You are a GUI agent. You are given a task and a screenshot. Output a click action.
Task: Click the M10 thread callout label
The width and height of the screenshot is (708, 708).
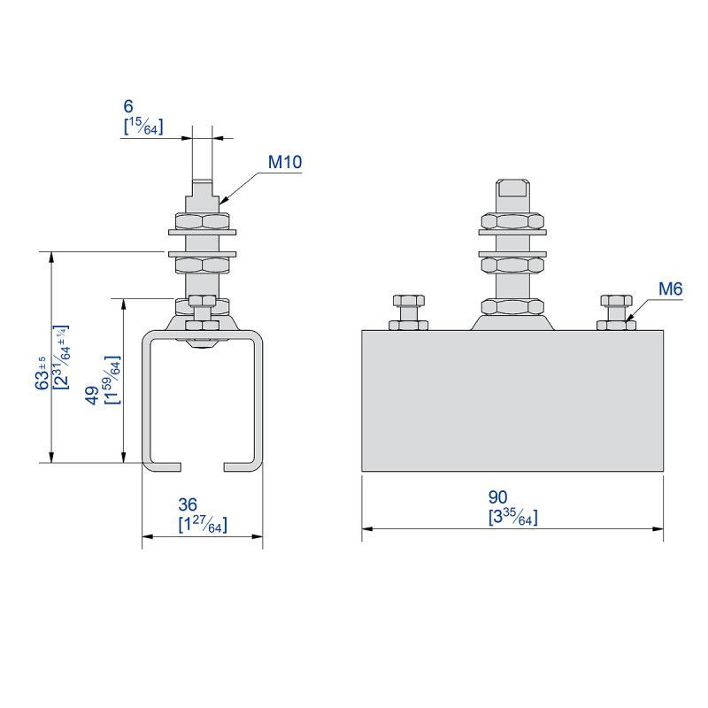285,162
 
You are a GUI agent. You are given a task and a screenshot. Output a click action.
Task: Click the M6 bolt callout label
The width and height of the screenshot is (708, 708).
671,289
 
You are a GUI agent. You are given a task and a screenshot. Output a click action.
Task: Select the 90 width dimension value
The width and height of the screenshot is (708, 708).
497,497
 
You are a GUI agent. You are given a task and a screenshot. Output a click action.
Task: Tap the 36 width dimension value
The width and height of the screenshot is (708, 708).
188,504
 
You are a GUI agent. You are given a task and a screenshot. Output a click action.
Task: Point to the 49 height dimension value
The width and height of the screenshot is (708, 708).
93,396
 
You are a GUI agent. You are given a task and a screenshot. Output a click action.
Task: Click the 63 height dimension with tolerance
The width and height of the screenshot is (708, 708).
42,373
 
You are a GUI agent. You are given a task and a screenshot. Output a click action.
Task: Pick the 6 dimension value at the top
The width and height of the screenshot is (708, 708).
128,106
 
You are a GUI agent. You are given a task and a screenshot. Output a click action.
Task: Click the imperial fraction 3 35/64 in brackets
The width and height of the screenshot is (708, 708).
513,517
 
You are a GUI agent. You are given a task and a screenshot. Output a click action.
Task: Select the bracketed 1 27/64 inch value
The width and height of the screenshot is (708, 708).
203,524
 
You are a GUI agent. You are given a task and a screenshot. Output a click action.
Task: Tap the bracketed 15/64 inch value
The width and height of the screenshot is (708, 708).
143,127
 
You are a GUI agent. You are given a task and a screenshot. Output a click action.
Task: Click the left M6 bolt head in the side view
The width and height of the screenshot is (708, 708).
409,300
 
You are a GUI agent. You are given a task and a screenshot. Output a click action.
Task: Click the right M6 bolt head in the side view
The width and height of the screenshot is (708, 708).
616,300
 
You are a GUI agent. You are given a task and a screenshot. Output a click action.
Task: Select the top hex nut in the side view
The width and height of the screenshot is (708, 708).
512,221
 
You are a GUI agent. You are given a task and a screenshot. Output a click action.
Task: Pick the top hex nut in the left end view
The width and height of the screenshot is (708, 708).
203,220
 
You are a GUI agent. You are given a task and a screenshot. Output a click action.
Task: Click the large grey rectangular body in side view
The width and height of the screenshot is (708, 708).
512,401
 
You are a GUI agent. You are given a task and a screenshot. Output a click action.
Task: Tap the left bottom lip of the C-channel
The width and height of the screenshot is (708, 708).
163,467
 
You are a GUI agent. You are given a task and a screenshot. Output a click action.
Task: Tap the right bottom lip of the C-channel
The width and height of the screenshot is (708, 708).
242,467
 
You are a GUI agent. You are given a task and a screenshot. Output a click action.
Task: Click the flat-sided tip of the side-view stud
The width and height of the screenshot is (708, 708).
512,189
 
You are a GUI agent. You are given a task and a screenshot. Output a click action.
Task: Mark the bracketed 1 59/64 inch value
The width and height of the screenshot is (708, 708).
112,380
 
